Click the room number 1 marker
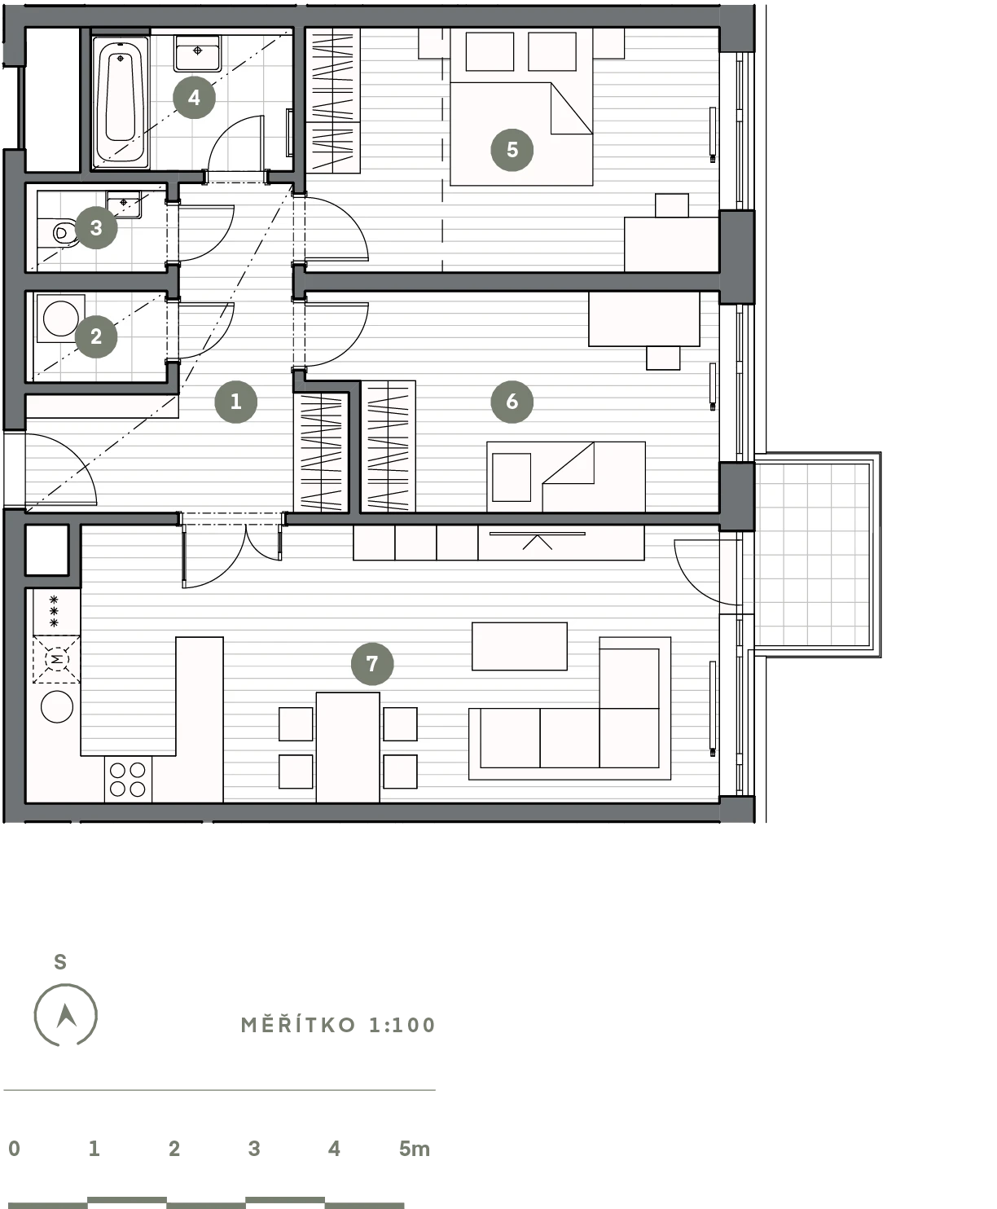[x=235, y=402]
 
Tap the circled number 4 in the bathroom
[x=194, y=97]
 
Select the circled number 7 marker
[x=372, y=663]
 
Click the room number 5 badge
[x=512, y=150]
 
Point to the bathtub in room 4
[x=121, y=102]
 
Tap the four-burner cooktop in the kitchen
[x=128, y=779]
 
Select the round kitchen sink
[x=57, y=707]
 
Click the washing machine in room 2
[x=61, y=318]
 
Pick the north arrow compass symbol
[x=65, y=1015]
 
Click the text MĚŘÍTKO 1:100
[x=338, y=1024]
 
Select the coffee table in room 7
[x=520, y=646]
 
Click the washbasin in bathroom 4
[x=197, y=53]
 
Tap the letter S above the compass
[x=60, y=962]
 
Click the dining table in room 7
[x=347, y=747]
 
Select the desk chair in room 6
[x=663, y=358]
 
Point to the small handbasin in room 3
[x=123, y=204]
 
